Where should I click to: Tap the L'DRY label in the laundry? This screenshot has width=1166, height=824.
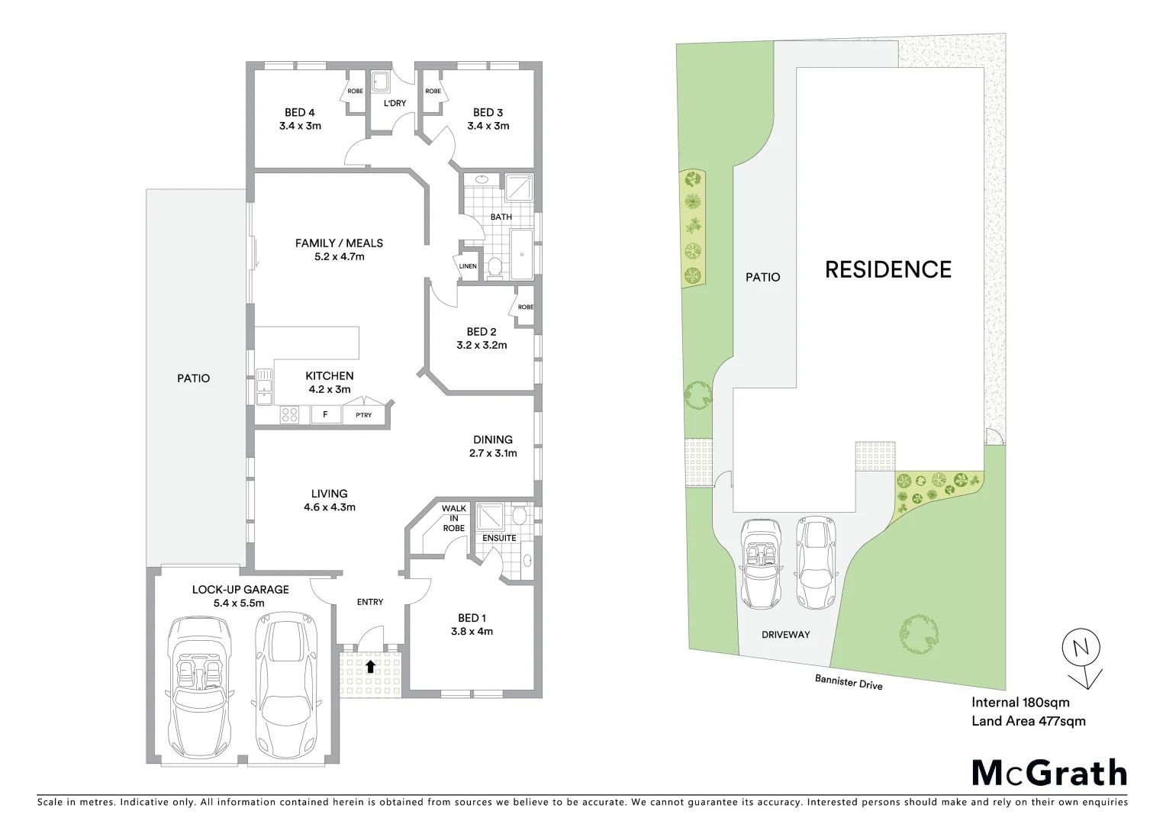(x=395, y=103)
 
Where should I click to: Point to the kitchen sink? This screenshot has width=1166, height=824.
(x=264, y=387)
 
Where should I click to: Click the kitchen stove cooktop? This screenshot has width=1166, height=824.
(x=289, y=415)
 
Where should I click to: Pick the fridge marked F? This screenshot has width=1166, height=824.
(x=326, y=414)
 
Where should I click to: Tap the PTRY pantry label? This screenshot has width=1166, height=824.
(x=364, y=415)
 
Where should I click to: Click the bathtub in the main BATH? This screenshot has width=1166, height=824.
(x=521, y=254)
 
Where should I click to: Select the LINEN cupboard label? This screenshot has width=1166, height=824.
(x=468, y=266)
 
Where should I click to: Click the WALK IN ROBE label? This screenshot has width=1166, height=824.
(x=453, y=518)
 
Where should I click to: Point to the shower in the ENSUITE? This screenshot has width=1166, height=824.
(x=488, y=517)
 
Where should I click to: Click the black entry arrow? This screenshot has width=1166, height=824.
(x=370, y=666)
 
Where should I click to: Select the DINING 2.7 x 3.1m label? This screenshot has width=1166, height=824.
(x=493, y=446)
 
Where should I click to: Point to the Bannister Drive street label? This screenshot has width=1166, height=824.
(x=849, y=681)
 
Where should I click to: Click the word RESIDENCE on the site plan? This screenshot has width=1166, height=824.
(x=888, y=269)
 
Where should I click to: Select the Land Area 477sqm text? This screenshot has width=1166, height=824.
(x=1028, y=721)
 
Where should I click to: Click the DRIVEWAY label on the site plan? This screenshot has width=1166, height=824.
(x=785, y=634)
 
